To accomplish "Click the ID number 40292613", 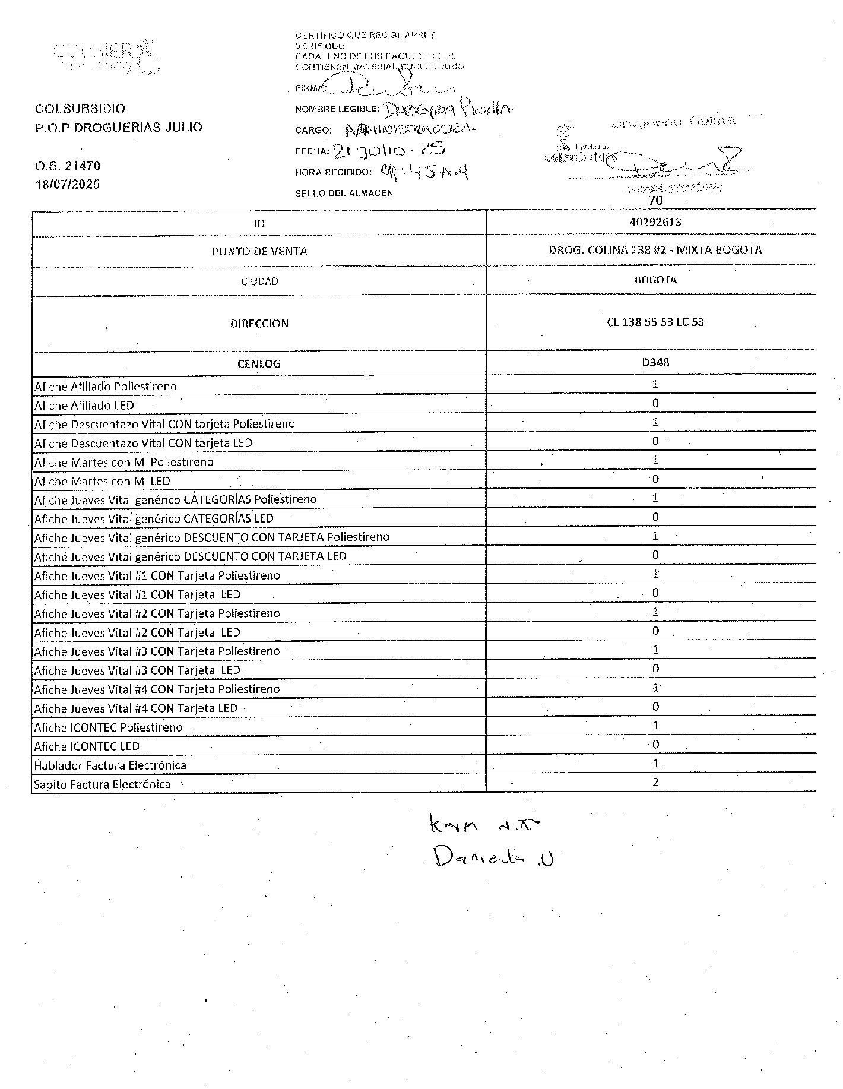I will click(x=655, y=222).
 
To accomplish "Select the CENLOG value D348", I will click(x=655, y=362).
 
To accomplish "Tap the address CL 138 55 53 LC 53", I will click(x=655, y=322).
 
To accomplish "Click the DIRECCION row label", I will click(x=259, y=324).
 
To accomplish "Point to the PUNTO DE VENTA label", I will click(x=259, y=251).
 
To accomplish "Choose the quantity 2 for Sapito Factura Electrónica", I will click(x=655, y=782).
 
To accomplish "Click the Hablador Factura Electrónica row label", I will click(x=110, y=765).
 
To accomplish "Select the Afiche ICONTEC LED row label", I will click(x=87, y=746).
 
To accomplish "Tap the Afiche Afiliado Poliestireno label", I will click(x=106, y=387).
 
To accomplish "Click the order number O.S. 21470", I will click(x=67, y=166).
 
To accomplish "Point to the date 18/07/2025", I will click(x=67, y=184).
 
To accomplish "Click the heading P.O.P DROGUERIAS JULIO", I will click(x=119, y=127).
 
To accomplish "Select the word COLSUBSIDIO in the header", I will click(x=80, y=109).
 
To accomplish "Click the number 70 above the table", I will click(x=655, y=201).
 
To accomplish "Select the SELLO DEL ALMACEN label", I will click(x=344, y=193).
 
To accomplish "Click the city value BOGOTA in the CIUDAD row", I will click(x=655, y=280).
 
